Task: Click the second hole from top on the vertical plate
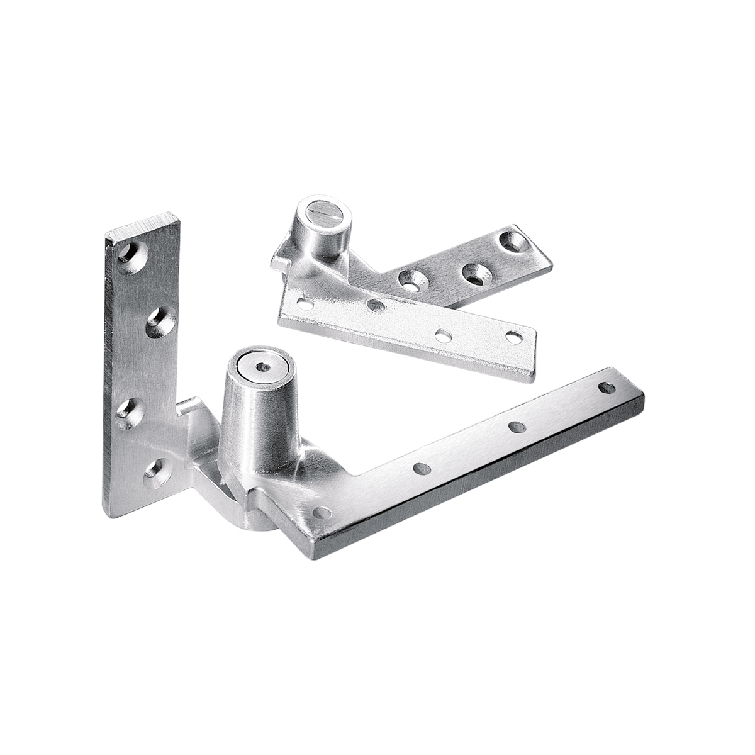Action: pyautogui.click(x=158, y=319)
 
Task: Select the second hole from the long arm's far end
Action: pyautogui.click(x=518, y=426)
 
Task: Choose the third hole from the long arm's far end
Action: pyautogui.click(x=420, y=469)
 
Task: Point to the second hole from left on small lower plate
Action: pyautogui.click(x=375, y=305)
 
